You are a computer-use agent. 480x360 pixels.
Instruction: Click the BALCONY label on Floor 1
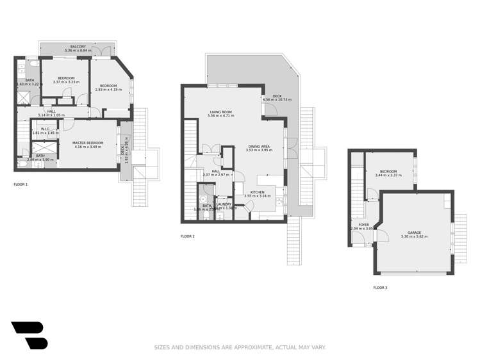78,47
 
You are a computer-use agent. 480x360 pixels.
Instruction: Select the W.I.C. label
45,129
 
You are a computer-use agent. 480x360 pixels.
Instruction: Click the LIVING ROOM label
220,111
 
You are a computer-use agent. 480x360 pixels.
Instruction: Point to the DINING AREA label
259,147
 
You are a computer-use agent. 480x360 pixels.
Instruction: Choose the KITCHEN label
258,192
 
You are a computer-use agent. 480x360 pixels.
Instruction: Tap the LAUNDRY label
224,204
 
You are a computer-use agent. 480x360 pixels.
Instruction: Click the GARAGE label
414,233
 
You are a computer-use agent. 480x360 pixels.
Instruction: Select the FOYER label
363,225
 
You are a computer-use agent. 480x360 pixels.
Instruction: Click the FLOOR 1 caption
21,184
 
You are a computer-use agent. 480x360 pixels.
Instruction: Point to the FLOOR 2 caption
187,236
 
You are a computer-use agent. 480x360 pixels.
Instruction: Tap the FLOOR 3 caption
380,288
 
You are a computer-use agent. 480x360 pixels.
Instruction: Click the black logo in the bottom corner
29,335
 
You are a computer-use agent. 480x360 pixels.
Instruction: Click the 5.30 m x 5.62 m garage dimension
414,237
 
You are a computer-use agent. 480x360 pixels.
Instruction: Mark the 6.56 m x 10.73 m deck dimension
277,99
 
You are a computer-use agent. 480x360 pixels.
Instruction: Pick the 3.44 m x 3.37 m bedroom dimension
388,176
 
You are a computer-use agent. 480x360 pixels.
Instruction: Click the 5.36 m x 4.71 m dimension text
220,116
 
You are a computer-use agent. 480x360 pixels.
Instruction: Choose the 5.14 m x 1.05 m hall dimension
51,116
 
